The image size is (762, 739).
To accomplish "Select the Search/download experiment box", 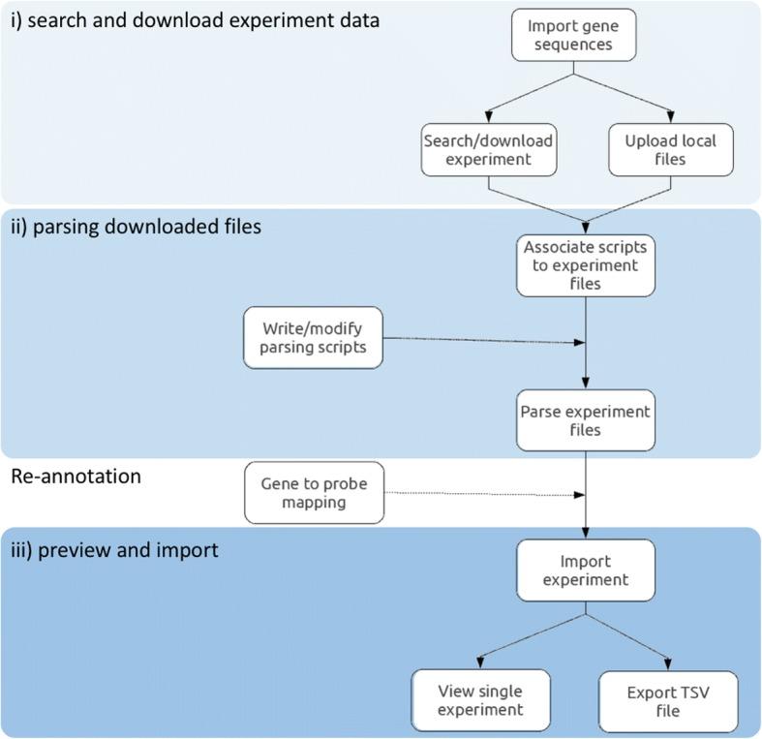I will (489, 149).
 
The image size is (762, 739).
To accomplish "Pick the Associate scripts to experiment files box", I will (584, 264).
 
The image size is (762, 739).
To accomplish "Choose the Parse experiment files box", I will (584, 419).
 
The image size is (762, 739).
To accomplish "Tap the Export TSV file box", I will (669, 698).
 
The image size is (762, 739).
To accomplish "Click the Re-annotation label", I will (75, 477).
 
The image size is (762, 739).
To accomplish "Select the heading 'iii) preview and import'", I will (115, 549).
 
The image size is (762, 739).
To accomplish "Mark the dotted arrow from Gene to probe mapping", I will (484, 494).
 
